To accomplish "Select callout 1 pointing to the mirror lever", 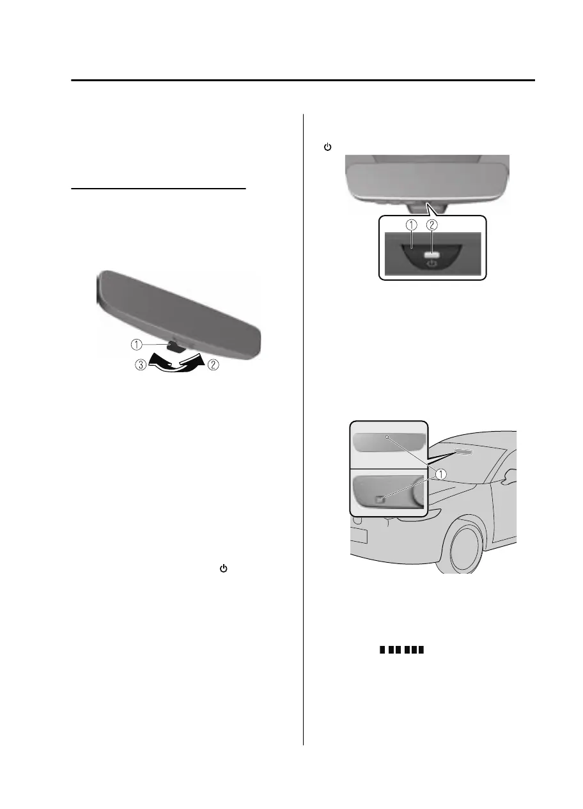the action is pos(136,344).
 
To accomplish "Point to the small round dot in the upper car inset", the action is pos(387,437).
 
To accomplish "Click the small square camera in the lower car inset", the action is pos(380,499).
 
